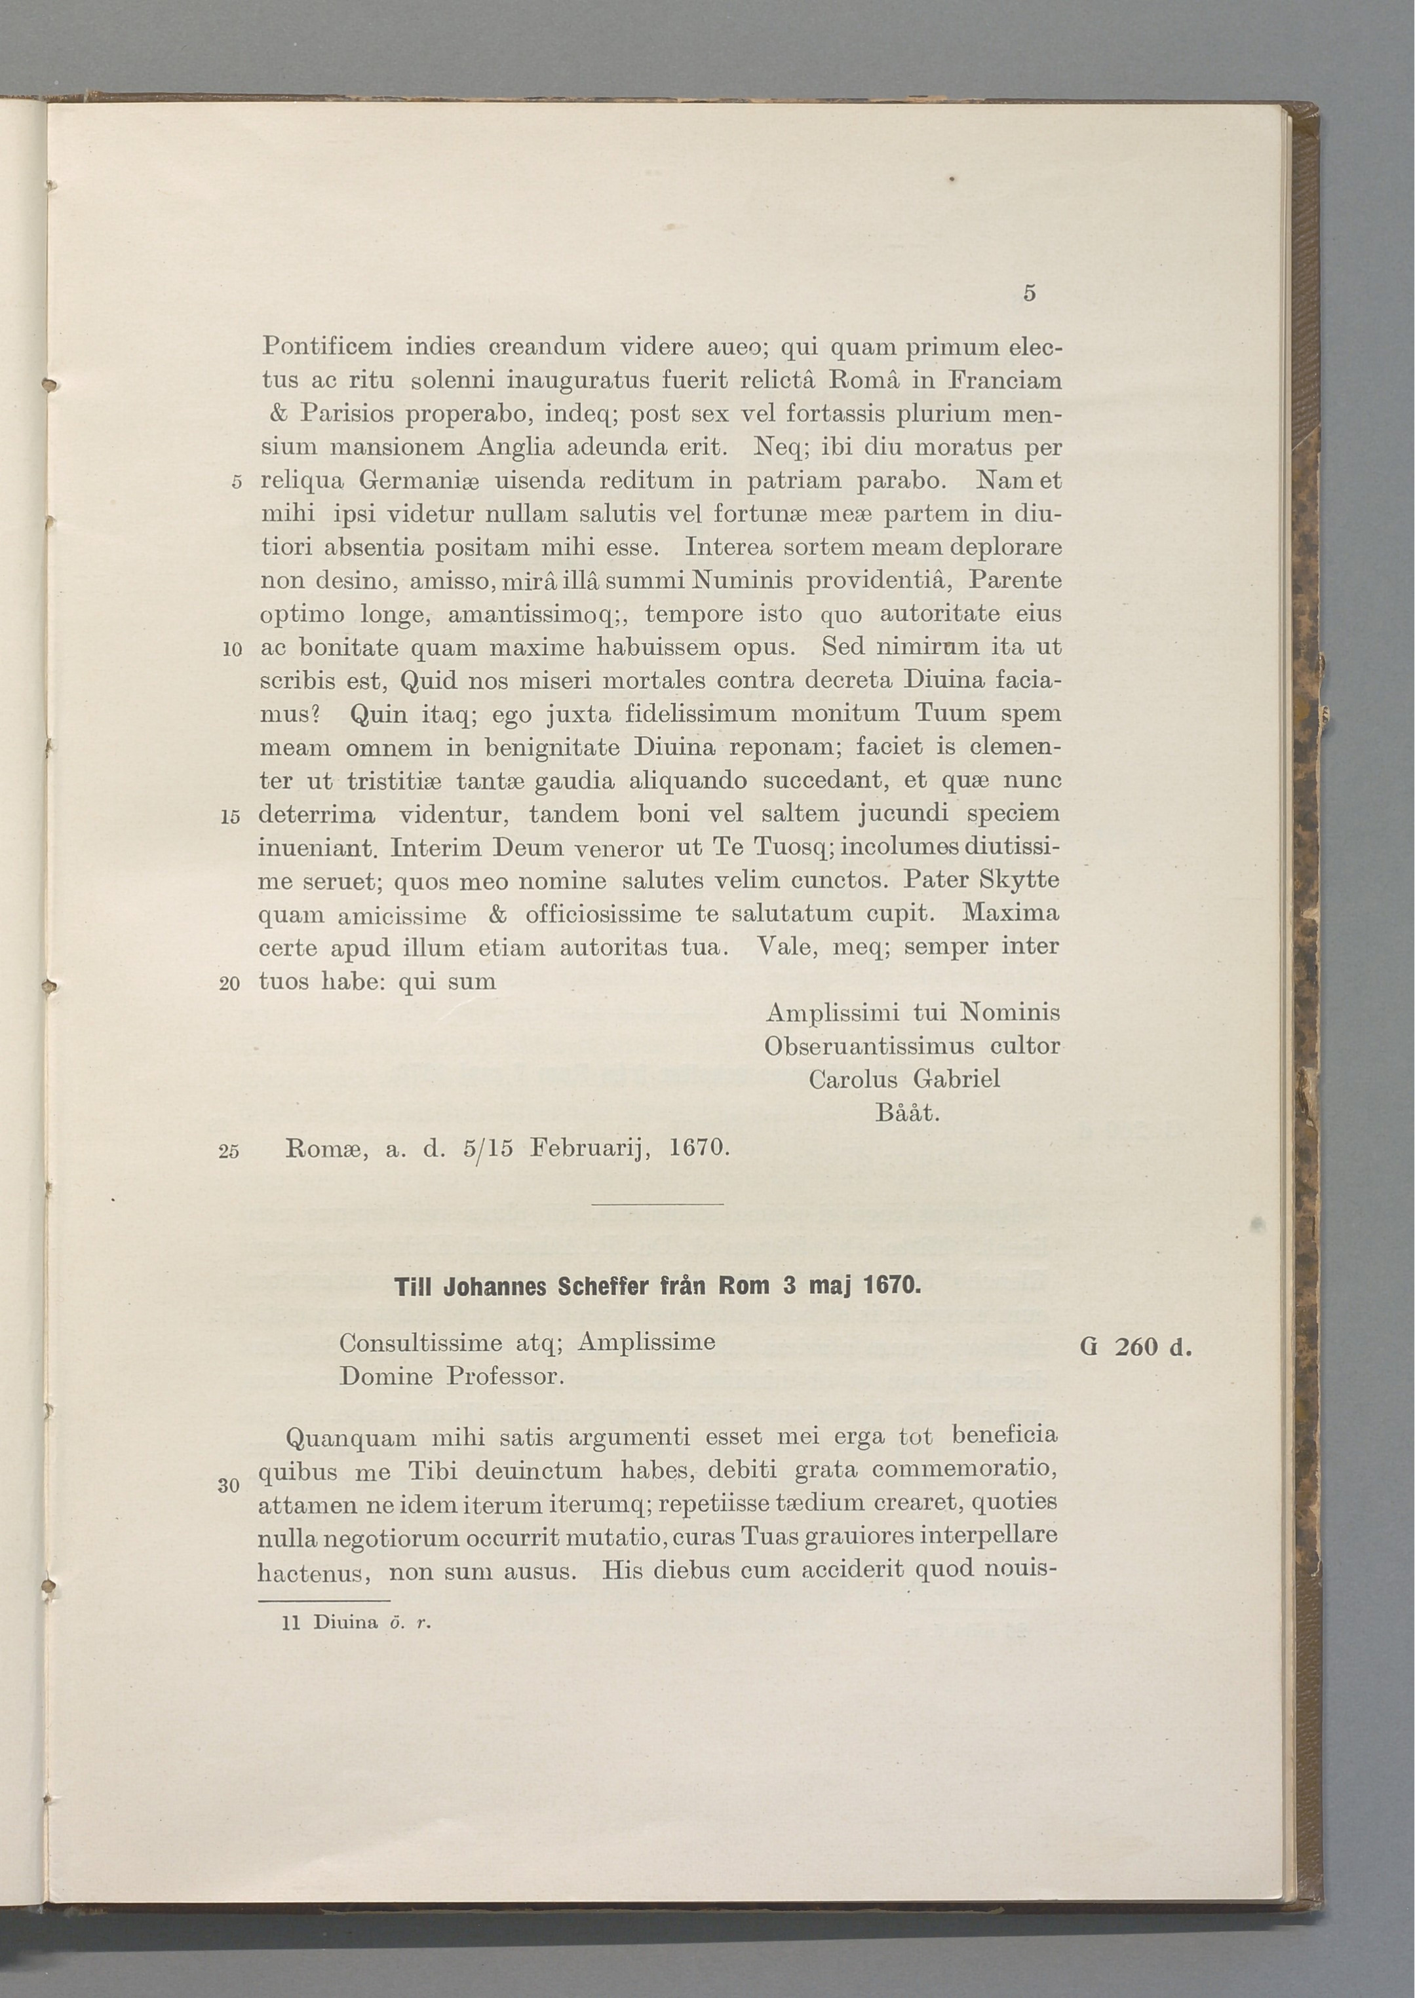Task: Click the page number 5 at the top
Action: coord(1029,294)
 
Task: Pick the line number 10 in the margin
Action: coord(231,650)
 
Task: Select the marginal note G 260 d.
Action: coord(1134,1348)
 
